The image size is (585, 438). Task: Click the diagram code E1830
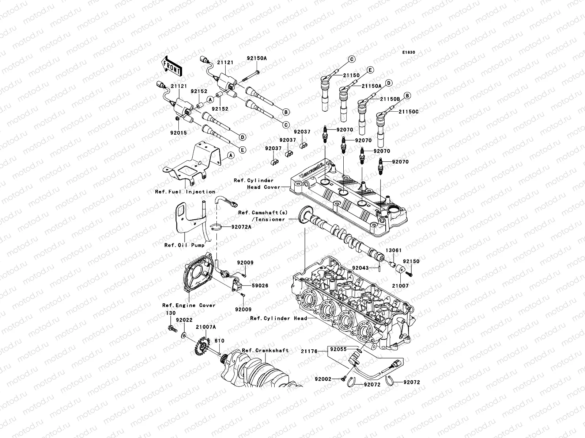pyautogui.click(x=409, y=53)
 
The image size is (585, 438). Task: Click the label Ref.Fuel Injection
pyautogui.click(x=185, y=192)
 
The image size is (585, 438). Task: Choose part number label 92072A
pyautogui.click(x=241, y=227)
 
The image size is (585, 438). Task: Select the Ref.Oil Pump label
pyautogui.click(x=184, y=245)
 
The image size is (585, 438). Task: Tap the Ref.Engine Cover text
pyautogui.click(x=189, y=305)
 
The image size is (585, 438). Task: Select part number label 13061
pyautogui.click(x=393, y=250)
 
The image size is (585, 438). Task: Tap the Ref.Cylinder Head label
pyautogui.click(x=278, y=318)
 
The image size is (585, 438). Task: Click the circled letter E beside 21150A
pyautogui.click(x=370, y=70)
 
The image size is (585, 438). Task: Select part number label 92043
pyautogui.click(x=360, y=268)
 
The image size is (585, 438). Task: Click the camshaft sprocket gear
pyautogui.click(x=303, y=217)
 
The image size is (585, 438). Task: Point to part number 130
pyautogui.click(x=171, y=313)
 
